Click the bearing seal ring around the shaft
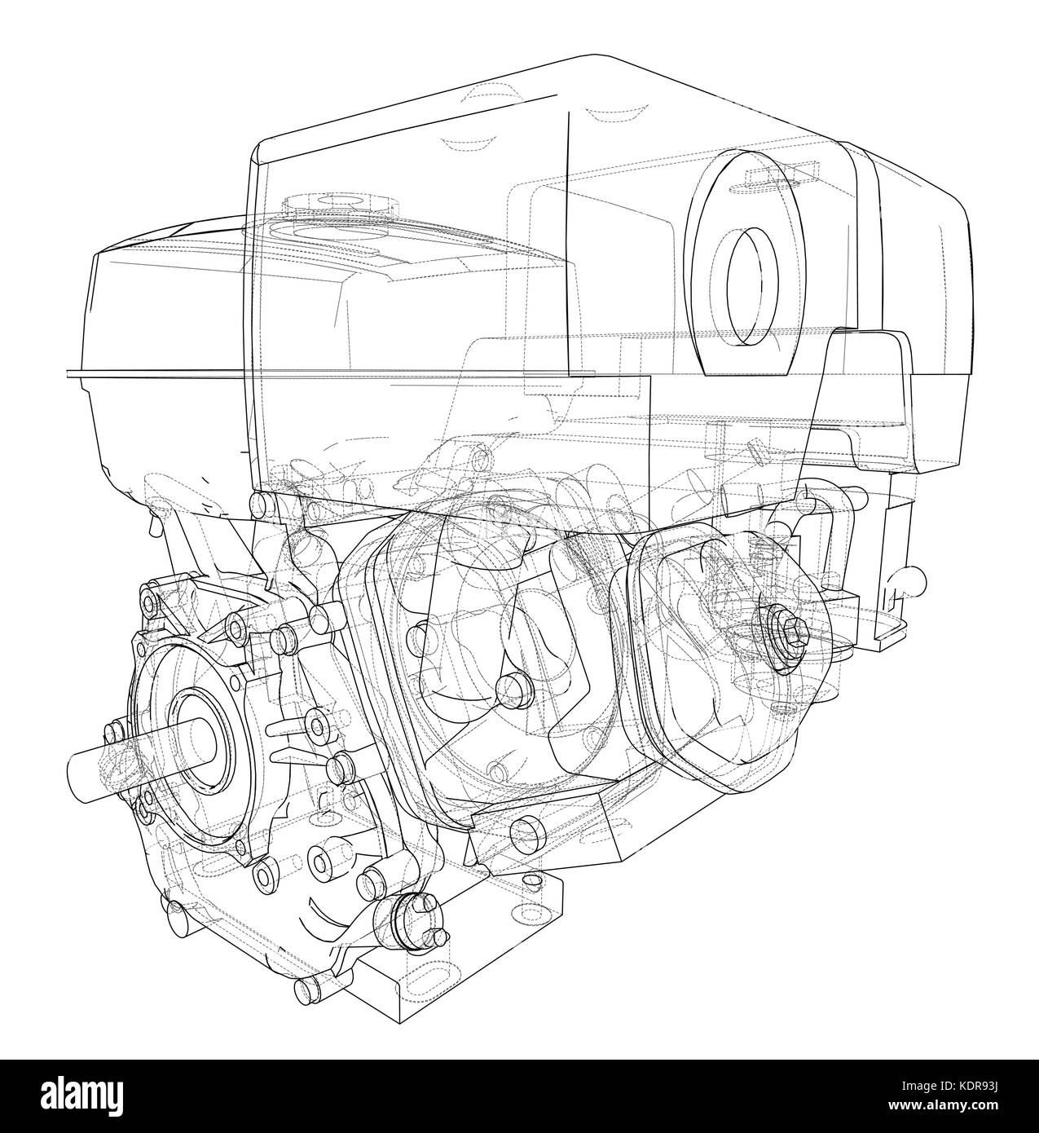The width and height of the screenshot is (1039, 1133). coord(200,740)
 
